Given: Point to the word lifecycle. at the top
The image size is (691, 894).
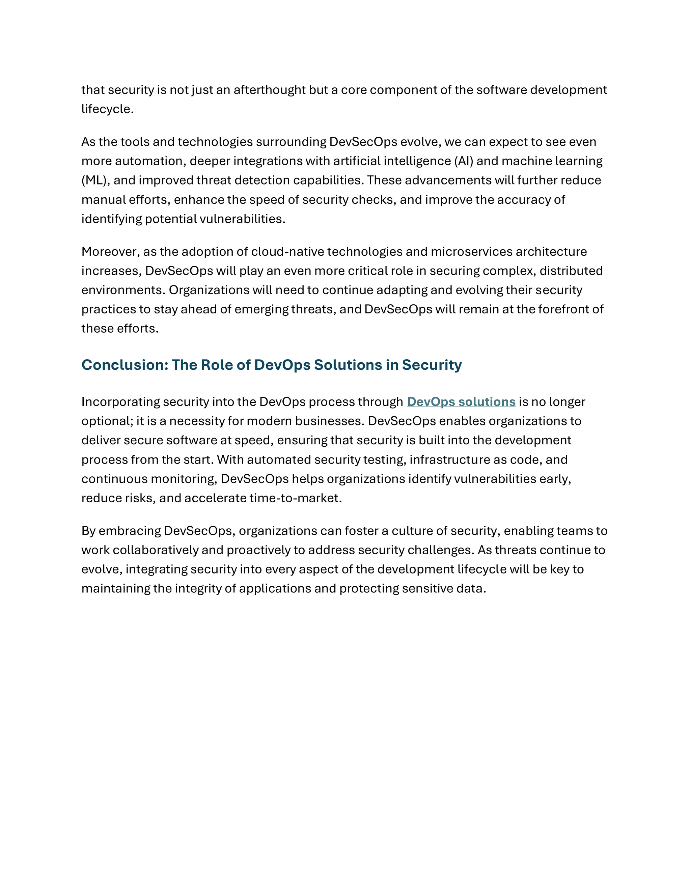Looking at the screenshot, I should coord(107,109).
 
